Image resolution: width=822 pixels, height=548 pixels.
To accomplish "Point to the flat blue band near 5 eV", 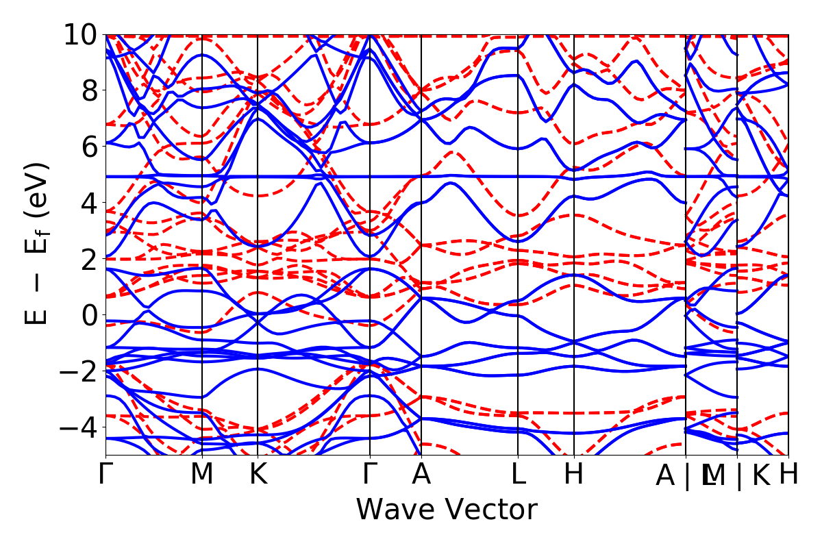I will click(480, 176).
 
